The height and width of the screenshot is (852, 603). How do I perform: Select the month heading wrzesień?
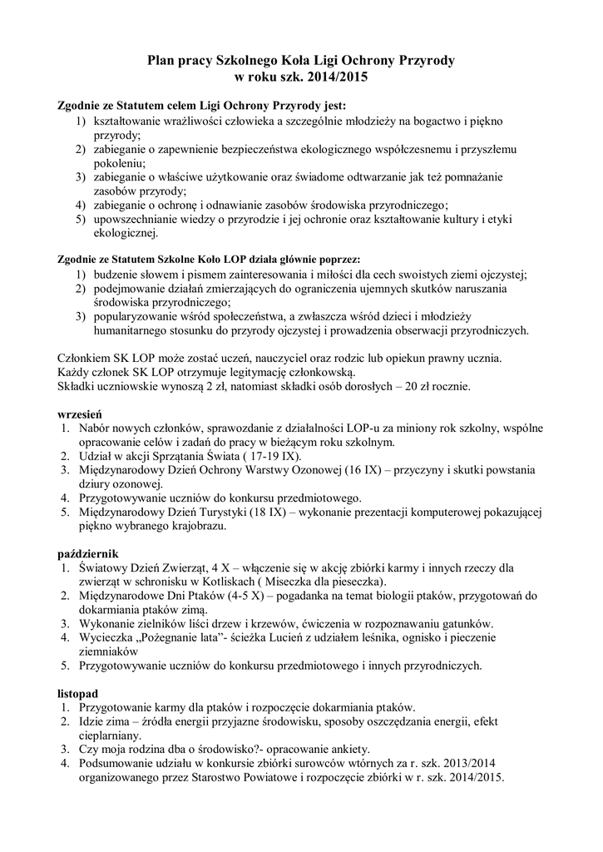[78, 413]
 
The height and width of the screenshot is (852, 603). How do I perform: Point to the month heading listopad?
[78, 693]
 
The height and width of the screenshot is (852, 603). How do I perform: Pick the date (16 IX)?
[355, 470]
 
